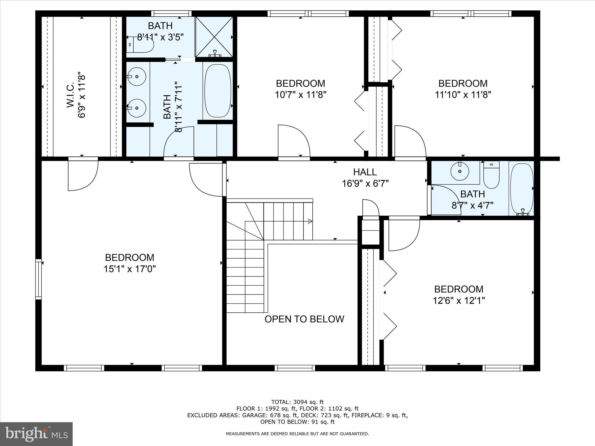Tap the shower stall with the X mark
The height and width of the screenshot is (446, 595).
tap(214, 37)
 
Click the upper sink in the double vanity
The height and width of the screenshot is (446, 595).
tap(137, 77)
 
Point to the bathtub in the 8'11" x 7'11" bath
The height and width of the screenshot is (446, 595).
tap(218, 91)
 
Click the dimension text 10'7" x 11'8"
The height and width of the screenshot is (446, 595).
tap(300, 95)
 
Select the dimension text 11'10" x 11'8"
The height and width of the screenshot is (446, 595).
tap(463, 95)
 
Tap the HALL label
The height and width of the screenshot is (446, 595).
tap(365, 172)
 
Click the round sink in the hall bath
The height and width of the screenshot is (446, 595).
tap(460, 171)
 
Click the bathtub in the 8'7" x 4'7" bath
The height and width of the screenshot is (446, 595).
tap(522, 188)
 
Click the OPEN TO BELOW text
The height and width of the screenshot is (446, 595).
tap(304, 319)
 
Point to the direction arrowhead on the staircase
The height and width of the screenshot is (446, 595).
tap(310, 221)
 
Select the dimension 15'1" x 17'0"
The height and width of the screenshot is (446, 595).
tap(130, 269)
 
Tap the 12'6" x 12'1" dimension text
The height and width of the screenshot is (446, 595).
tap(459, 301)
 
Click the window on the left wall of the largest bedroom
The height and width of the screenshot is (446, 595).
tap(38, 279)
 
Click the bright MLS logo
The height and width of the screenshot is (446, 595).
tap(36, 434)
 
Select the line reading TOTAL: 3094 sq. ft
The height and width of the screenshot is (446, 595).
tap(297, 402)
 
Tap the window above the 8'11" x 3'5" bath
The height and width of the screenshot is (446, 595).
tap(171, 13)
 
